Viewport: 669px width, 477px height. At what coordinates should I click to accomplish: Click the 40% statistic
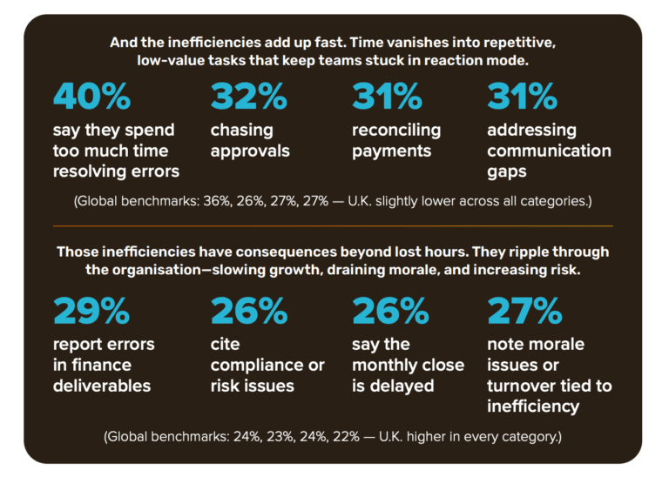(91, 97)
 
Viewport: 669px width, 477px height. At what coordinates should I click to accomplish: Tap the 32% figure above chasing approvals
(248, 97)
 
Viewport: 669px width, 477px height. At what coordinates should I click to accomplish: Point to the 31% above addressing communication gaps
(522, 97)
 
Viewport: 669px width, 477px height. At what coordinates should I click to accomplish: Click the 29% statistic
(91, 311)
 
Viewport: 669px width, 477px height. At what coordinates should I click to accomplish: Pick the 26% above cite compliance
(248, 311)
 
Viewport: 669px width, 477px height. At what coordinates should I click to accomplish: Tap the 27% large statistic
(524, 311)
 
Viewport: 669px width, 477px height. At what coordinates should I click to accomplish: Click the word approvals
(250, 151)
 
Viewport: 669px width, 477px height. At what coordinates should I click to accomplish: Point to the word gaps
(507, 171)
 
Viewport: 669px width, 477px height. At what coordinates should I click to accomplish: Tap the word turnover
(523, 386)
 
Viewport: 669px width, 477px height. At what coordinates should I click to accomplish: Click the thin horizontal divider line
(334, 225)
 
